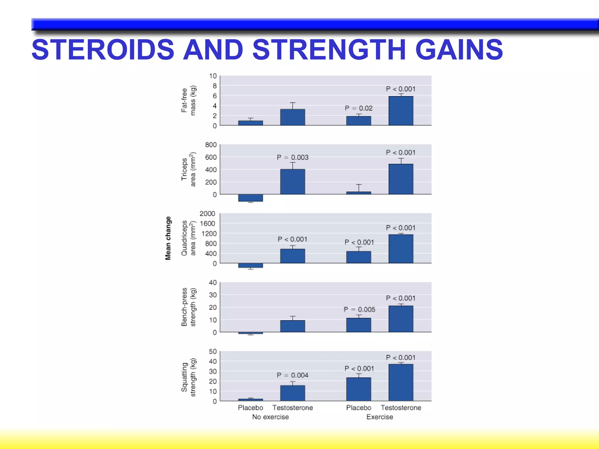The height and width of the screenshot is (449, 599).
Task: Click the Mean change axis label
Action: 168,238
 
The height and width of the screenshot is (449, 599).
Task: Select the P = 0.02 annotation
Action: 359,108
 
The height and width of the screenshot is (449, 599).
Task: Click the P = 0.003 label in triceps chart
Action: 292,157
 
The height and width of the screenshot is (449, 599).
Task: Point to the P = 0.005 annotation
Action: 359,309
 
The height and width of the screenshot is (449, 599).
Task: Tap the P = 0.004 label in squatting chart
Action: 292,375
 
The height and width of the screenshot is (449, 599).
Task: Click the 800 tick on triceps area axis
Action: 211,145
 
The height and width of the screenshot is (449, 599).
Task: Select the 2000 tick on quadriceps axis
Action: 207,214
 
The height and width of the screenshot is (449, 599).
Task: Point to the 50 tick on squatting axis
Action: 213,351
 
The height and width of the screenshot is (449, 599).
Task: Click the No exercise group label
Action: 271,417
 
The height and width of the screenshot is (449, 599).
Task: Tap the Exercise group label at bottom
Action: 380,417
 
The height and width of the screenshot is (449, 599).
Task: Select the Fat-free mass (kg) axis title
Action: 188,100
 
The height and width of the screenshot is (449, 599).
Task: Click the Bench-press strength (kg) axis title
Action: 188,307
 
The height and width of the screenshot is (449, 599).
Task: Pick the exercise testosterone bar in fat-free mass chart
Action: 401,111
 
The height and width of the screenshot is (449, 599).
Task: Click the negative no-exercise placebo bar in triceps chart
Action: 250,198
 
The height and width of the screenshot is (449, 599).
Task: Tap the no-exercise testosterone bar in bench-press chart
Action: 292,326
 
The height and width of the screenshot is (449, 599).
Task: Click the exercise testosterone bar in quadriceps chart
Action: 401,249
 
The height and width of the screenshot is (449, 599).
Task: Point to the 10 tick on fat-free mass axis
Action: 213,76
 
